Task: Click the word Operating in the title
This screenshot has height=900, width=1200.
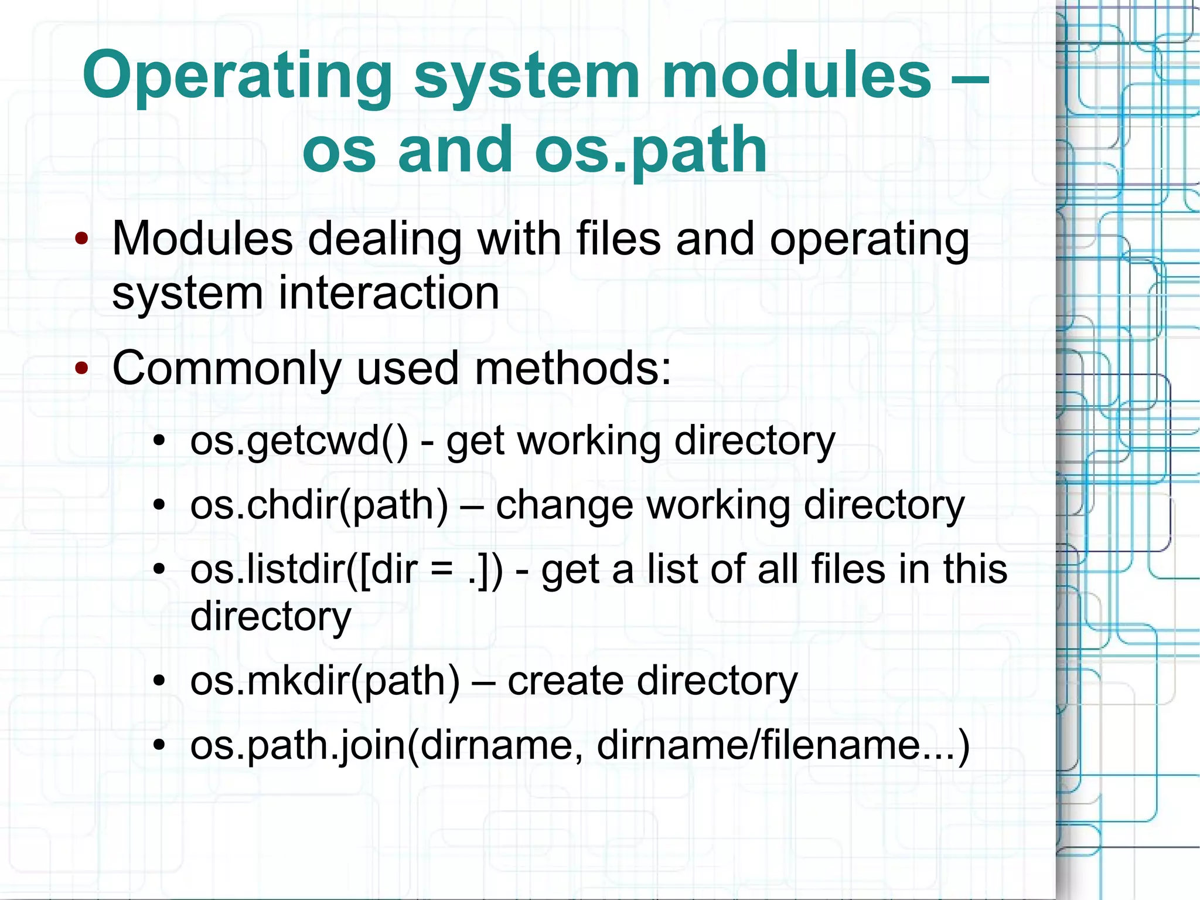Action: click(237, 77)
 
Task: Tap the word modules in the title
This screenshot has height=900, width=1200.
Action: click(796, 76)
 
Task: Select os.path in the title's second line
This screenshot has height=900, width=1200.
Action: click(650, 151)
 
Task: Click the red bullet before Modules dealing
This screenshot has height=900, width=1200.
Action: click(81, 239)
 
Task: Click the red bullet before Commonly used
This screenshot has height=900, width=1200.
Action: click(81, 369)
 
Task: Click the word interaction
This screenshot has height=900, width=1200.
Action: click(388, 293)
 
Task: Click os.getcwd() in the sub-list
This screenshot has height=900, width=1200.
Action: click(299, 441)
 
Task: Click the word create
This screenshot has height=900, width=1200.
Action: click(565, 681)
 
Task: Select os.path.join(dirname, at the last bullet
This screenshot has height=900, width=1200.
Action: click(386, 746)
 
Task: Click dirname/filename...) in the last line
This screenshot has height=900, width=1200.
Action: click(783, 746)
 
